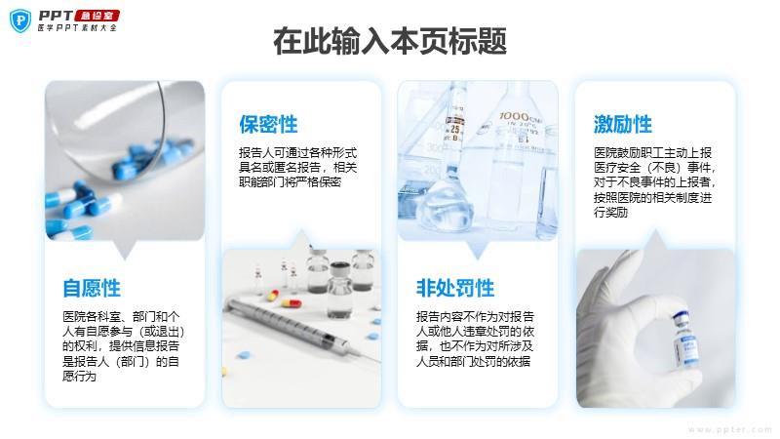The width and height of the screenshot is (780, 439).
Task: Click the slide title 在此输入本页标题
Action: pos(390,41)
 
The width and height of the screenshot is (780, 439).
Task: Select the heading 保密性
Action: pos(268,125)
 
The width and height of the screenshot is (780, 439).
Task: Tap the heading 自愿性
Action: pos(92,288)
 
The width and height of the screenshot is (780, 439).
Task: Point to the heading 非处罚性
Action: pos(455,288)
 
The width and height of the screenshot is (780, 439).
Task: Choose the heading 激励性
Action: pos(622,125)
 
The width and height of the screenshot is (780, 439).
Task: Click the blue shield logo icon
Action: pos(20,20)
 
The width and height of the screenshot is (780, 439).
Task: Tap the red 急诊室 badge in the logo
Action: pos(97,16)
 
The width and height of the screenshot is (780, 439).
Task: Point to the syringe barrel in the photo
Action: pos(291,324)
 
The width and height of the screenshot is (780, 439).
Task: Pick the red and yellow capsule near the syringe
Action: pos(292,302)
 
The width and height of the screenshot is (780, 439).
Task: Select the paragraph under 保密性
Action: pos(297,167)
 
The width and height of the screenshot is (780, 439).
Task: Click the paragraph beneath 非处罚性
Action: pos(475,339)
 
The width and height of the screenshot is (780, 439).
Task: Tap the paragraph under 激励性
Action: pos(654,182)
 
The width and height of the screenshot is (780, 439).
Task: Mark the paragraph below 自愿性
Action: pos(123,346)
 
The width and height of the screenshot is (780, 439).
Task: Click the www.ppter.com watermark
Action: pos(729,429)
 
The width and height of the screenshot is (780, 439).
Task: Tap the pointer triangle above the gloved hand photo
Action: pos(655,240)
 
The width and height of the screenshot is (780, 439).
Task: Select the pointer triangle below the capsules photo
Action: pos(125,251)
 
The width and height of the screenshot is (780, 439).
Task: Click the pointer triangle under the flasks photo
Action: pos(478,251)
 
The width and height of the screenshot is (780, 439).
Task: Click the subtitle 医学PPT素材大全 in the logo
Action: pos(77,28)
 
